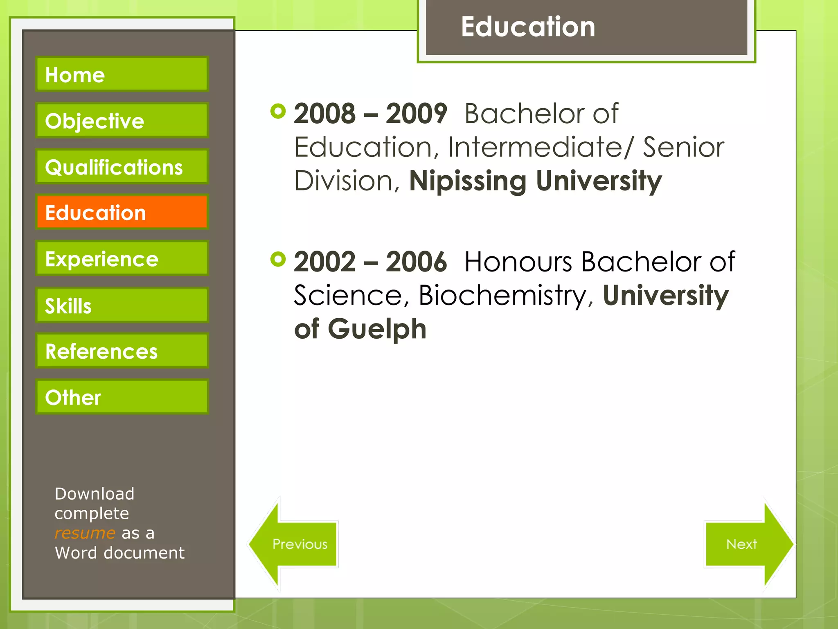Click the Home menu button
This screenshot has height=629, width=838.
coord(122,74)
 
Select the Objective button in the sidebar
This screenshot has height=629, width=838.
coord(122,120)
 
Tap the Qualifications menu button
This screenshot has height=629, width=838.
coord(122,167)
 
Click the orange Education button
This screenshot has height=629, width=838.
coord(122,212)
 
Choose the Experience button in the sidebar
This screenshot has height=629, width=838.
coord(122,258)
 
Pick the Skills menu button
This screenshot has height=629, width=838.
coord(122,305)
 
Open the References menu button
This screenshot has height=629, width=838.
coord(122,351)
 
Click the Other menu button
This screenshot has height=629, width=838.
coord(122,397)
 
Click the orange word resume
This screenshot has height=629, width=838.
coord(85,533)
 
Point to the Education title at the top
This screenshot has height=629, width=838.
coord(528,27)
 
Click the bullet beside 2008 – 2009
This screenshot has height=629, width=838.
coord(278,111)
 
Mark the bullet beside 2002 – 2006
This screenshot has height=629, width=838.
coord(278,259)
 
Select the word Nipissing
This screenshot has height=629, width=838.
coord(468,181)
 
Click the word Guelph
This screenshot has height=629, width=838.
coord(377,329)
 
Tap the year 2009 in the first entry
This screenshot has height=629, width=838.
coord(416,114)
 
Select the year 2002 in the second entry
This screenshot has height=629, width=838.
coord(324,262)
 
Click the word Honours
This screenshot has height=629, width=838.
coord(518,262)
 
